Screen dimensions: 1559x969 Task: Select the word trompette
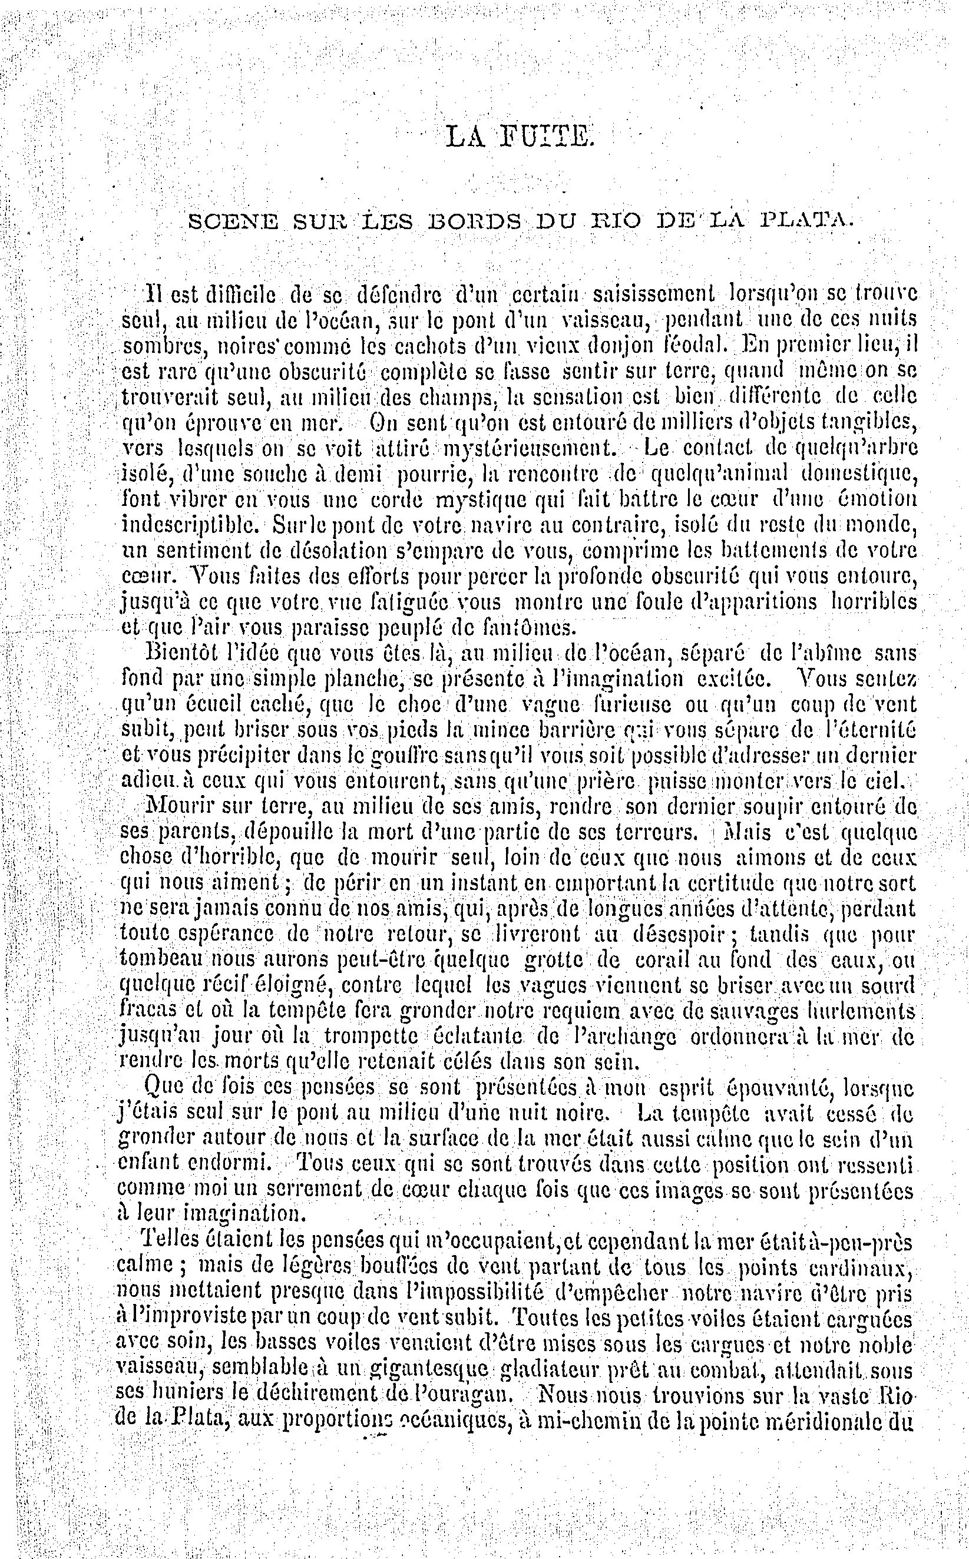[372, 1037]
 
